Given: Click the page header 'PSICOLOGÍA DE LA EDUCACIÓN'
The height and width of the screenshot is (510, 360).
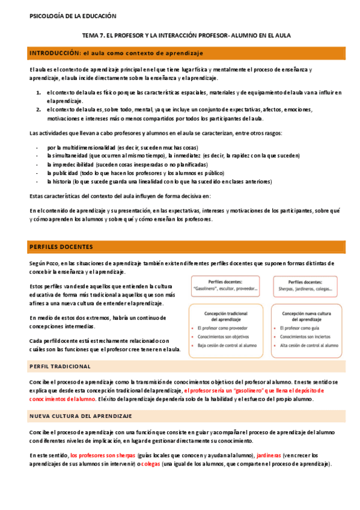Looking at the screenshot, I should pos(73,16).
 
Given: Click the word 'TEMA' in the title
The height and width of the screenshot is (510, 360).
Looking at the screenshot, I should pos(90,35).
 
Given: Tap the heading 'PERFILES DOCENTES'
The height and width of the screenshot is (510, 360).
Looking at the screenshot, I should pos(61,247).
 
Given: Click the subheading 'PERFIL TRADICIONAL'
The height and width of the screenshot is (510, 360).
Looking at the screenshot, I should pos(59,366).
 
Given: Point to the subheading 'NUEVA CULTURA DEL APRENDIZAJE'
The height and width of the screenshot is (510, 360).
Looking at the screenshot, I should pos(81,416).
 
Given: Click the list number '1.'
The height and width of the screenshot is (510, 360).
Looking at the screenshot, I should pos(38,92).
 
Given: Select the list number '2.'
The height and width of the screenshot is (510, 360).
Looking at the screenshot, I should pos(38,109).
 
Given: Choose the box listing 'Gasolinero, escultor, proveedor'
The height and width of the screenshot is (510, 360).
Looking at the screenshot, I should pos(225,286).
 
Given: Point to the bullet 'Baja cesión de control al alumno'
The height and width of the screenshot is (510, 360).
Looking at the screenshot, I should pos(227,345).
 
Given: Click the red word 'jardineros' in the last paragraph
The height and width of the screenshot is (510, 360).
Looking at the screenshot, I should pos(269,455).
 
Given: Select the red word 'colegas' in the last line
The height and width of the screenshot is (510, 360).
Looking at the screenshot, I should pos(150,464).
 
